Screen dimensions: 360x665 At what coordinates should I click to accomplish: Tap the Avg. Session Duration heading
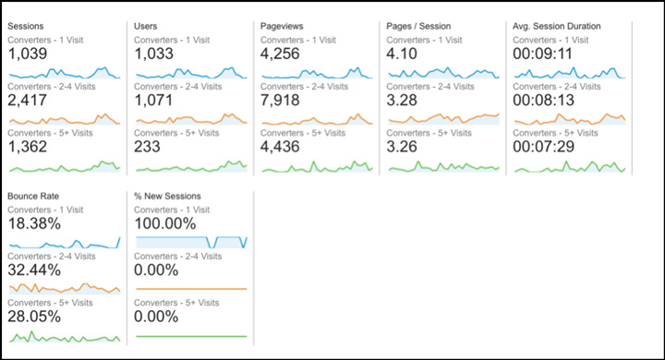click(556, 26)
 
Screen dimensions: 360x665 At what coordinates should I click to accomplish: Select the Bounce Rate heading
click(33, 197)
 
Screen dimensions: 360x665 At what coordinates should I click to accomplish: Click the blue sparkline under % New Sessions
click(191, 242)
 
